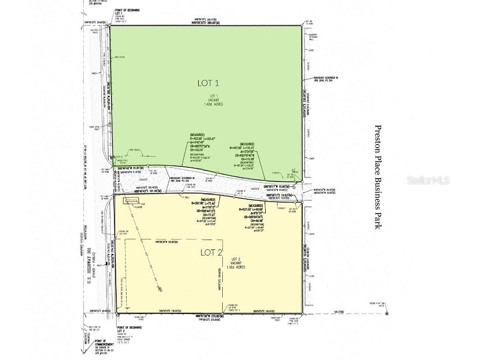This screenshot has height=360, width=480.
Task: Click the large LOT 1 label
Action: (x=209, y=83)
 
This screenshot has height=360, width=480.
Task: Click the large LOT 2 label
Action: (x=211, y=252)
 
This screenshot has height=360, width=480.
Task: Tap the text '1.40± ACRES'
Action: (x=213, y=104)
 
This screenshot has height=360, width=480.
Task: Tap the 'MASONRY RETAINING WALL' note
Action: (x=312, y=37)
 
